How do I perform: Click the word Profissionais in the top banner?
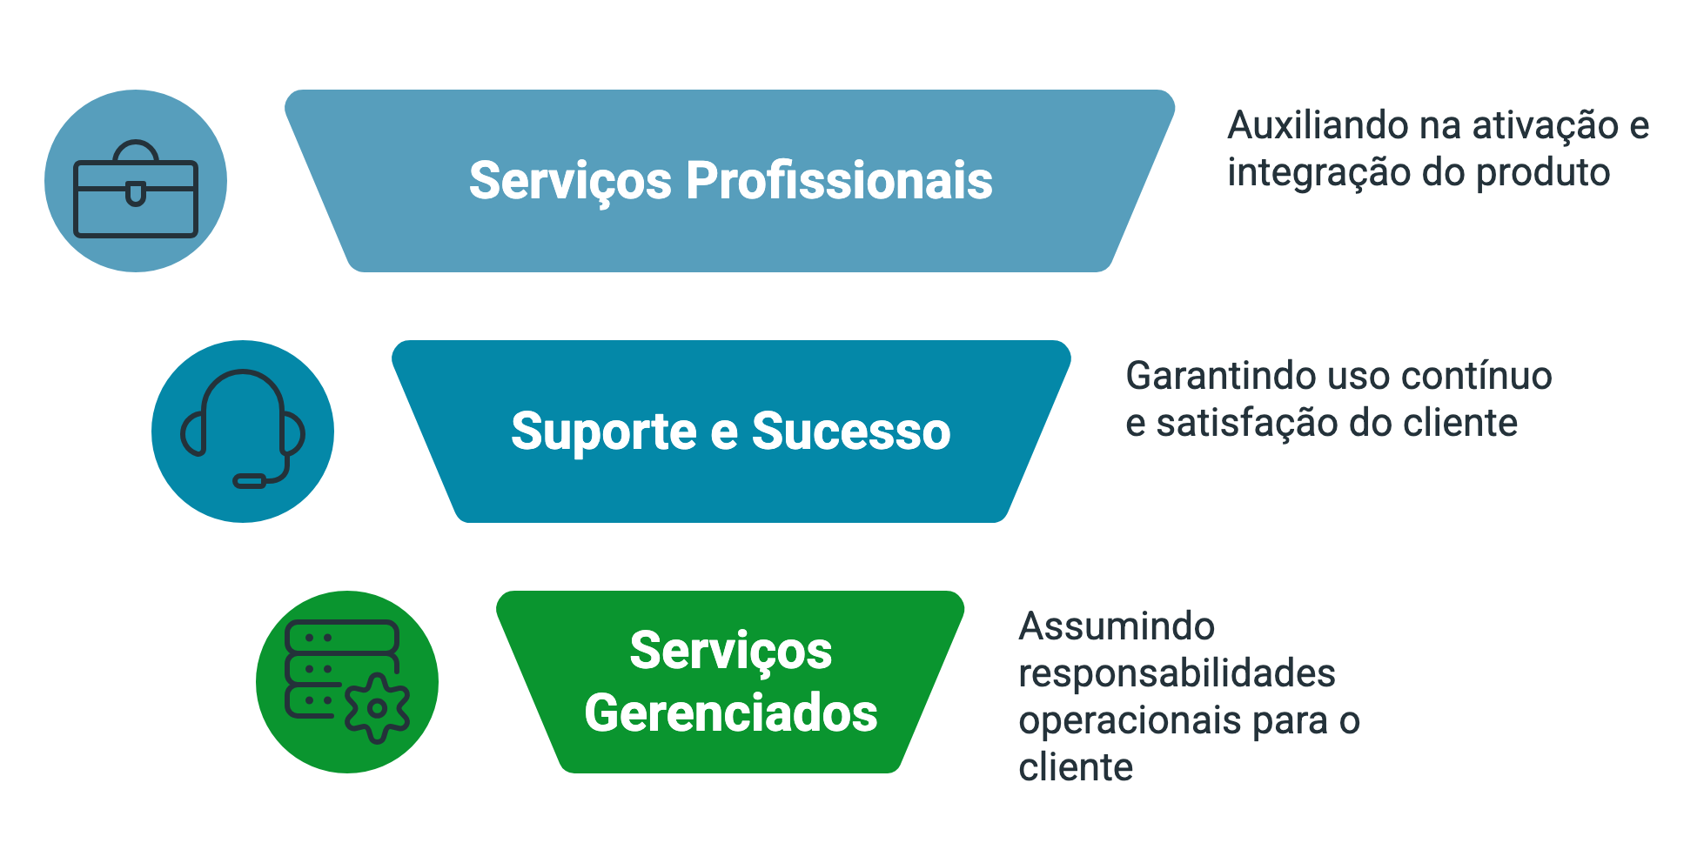(839, 181)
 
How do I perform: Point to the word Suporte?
(603, 432)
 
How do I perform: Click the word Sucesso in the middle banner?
(850, 432)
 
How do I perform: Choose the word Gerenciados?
(731, 713)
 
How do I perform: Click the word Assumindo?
(1117, 626)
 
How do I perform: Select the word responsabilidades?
(1177, 673)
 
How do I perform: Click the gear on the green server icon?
(377, 708)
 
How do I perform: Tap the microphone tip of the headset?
(250, 481)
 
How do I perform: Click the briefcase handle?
(136, 151)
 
